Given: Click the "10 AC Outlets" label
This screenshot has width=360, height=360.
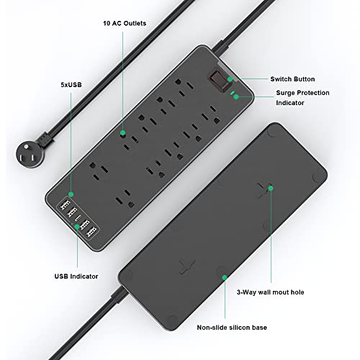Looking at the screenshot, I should click(125, 23).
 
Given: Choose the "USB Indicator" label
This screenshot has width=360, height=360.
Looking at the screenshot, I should click(77, 274).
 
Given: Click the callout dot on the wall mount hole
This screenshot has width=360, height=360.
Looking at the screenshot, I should click(271, 189).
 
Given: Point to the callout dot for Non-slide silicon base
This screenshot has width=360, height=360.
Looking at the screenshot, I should click(222, 276).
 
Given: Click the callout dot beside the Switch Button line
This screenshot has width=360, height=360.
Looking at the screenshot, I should click(230, 79).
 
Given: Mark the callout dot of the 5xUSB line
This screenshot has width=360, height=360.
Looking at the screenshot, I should click(71, 194).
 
